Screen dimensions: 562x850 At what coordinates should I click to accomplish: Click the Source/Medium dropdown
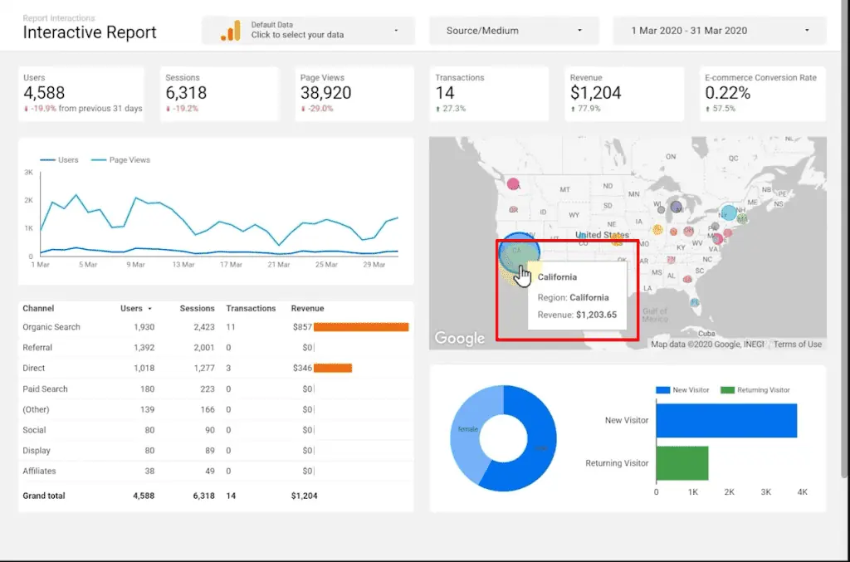513,31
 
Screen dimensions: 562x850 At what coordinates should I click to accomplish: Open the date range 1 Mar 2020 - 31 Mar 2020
719,31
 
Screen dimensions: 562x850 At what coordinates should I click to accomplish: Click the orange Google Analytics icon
230,31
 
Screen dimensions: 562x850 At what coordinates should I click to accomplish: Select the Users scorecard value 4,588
44,93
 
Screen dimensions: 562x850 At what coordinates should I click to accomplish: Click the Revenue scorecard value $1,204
595,93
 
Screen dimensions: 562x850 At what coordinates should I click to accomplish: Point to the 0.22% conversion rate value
727,93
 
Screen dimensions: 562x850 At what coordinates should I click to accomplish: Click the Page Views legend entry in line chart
129,159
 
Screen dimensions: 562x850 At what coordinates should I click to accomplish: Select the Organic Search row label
51,327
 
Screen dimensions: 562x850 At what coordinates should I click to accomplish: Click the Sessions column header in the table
197,308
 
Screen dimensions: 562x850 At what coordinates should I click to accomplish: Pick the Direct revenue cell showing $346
300,368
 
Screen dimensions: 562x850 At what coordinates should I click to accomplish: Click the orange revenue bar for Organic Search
361,327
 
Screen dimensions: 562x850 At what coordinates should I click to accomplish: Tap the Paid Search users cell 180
146,389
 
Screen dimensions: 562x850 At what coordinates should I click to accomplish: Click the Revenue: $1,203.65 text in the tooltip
577,315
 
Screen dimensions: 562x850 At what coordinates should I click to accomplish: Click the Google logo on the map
459,338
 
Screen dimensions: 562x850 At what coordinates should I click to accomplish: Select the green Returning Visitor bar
681,462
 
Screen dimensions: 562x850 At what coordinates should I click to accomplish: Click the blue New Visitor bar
725,420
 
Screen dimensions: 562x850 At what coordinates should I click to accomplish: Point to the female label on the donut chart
467,429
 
